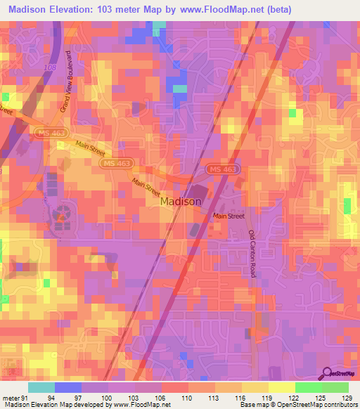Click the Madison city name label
(x=181, y=201)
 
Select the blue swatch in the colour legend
(x=67, y=387)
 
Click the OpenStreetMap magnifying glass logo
(x=327, y=375)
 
